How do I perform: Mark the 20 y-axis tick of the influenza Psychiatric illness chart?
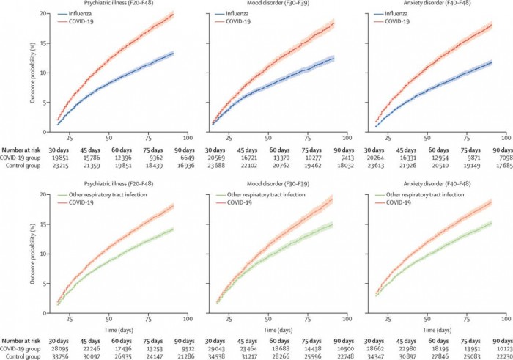tap(45, 14)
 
